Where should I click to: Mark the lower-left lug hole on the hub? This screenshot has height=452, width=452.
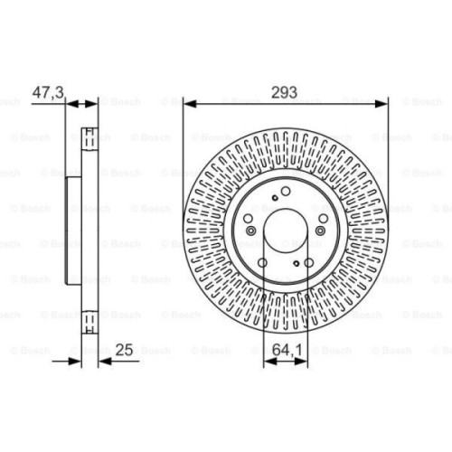[262, 264]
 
